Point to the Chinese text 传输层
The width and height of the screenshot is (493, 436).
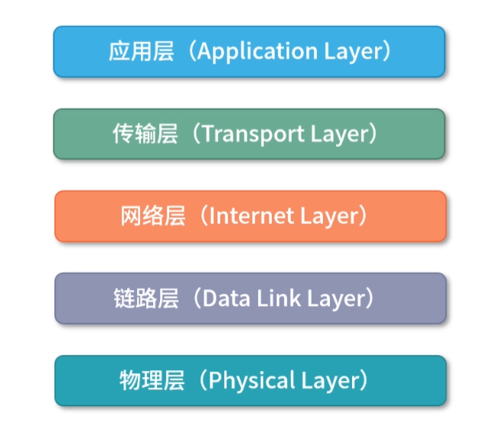(x=145, y=134)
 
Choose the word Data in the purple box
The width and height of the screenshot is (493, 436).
(x=223, y=298)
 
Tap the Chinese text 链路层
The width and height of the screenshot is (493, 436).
(x=145, y=298)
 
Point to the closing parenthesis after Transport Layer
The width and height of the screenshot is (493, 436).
(x=372, y=134)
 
